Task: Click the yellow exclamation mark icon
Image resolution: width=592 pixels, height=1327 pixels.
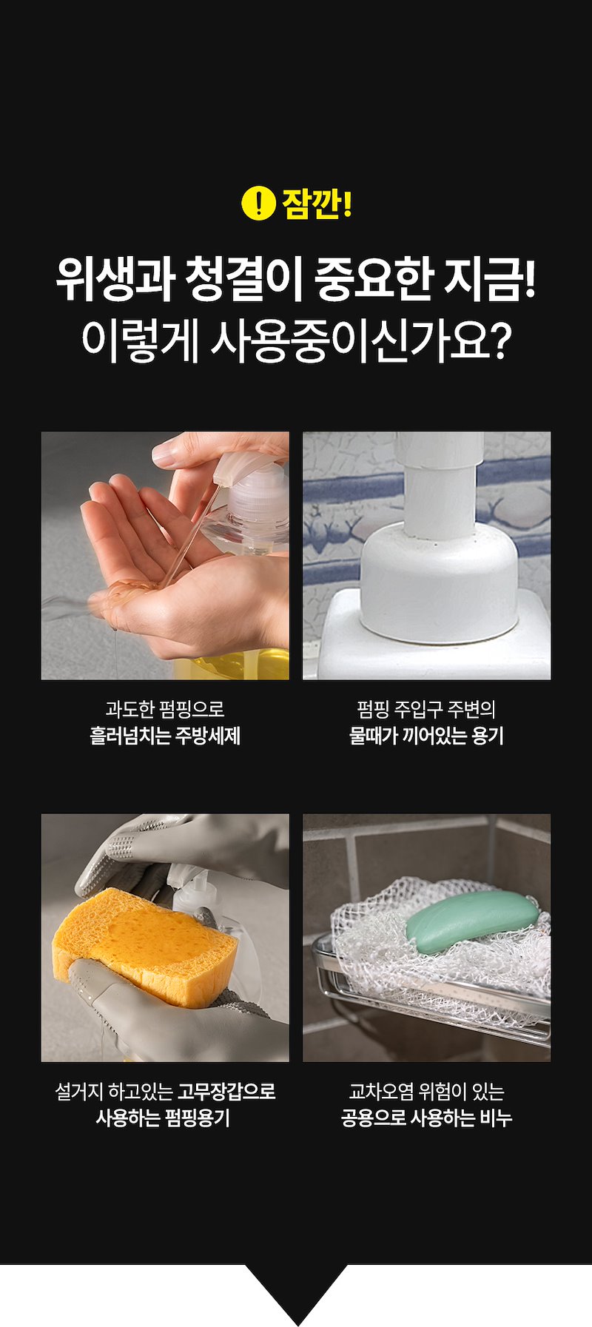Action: click(x=258, y=204)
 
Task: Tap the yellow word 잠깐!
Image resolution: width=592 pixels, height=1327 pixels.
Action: click(x=317, y=204)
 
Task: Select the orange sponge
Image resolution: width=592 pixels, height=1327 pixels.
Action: click(x=145, y=946)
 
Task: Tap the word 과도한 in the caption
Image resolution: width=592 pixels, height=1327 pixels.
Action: click(x=129, y=709)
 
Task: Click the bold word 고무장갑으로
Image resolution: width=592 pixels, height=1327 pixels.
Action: click(x=226, y=1091)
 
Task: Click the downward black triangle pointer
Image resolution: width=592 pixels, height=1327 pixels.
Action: click(x=296, y=1294)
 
